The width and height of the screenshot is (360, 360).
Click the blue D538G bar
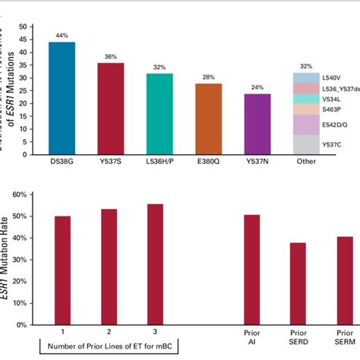62,99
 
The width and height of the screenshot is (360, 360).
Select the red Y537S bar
110,109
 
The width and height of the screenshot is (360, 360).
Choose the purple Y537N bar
257,125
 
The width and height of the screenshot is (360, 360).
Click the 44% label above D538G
62,36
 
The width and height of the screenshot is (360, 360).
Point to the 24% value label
257,88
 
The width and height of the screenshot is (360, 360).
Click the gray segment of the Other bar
305,145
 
